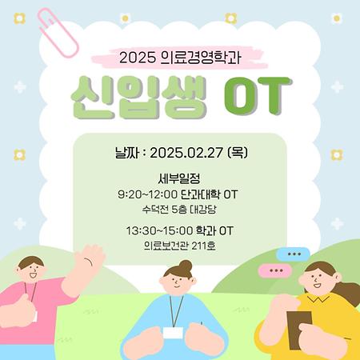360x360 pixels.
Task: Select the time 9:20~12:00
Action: pos(147,194)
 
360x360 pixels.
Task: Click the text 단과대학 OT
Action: pos(210,194)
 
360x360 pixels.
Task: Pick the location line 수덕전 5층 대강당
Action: pos(179,210)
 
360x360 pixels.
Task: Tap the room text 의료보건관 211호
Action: pos(179,246)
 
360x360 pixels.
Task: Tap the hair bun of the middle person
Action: pos(185,265)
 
